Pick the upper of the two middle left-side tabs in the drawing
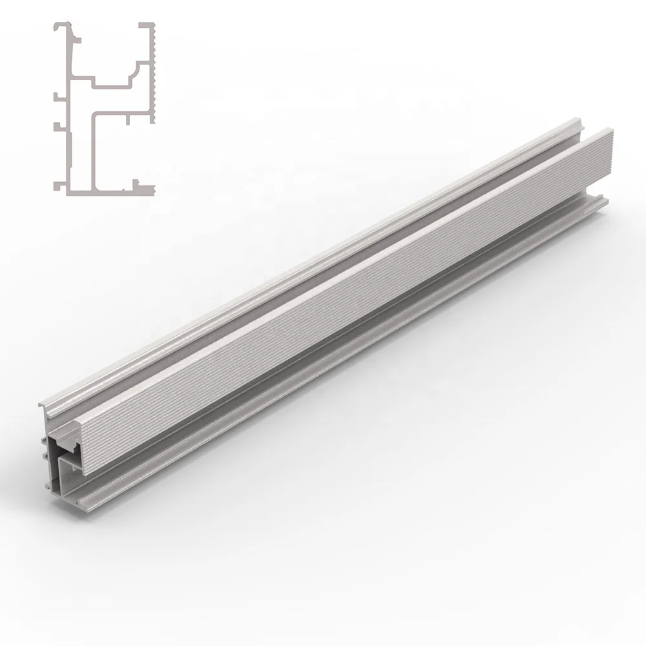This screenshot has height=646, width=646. coord(57,98)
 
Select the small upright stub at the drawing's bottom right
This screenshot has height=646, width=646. coord(135,182)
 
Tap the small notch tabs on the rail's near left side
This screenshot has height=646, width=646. coord(45,448)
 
